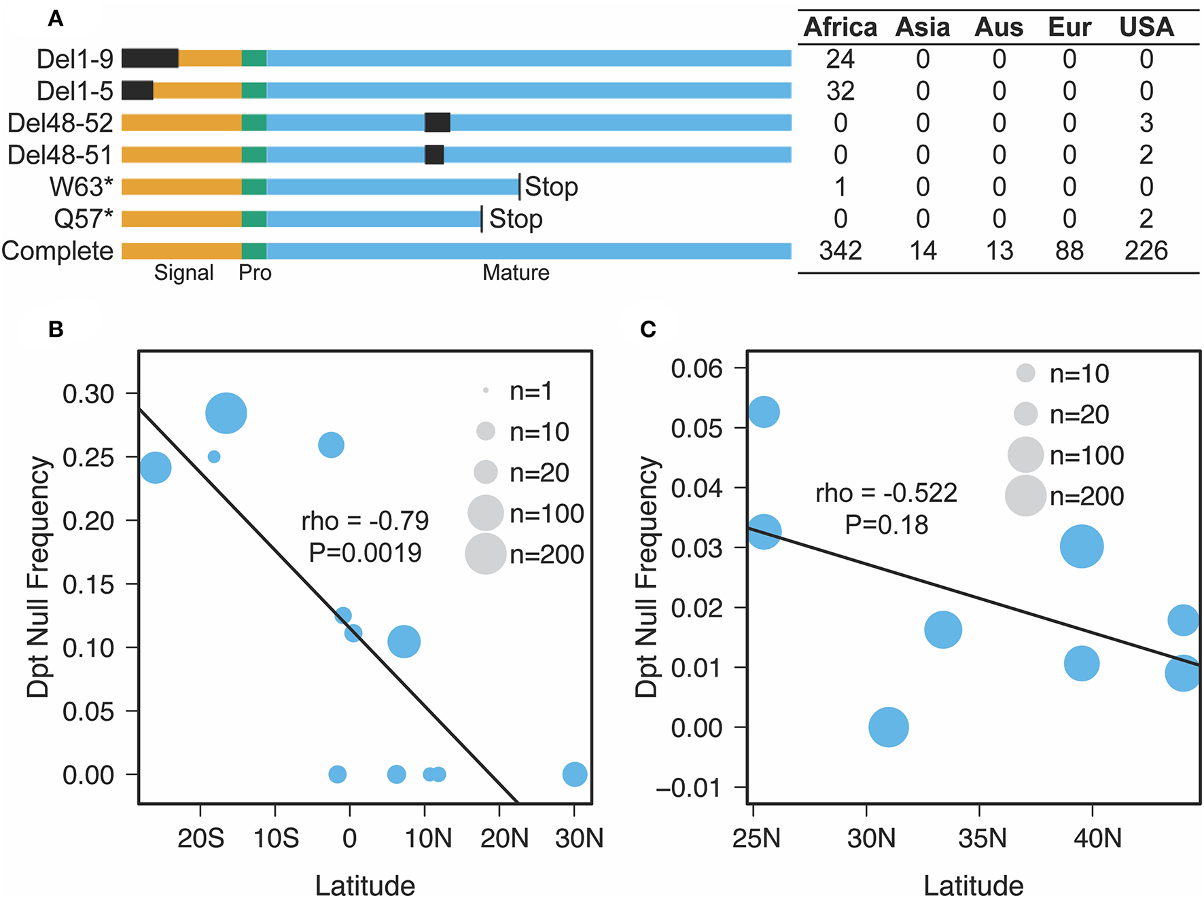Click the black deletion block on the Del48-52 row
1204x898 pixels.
coord(437,123)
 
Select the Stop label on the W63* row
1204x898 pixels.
coord(551,186)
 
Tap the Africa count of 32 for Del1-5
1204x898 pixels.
coord(840,91)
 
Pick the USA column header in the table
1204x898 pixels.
coord(1146,27)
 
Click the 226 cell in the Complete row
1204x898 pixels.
coord(1146,251)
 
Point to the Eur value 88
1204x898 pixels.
coord(1069,251)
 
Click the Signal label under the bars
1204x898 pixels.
coord(183,272)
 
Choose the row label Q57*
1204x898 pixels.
coord(83,219)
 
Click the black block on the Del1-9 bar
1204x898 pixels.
coord(150,58)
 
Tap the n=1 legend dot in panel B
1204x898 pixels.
coord(486,391)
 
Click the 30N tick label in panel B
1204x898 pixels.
coord(578,838)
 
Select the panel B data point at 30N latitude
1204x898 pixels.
coord(575,774)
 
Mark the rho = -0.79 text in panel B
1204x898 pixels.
coord(365,521)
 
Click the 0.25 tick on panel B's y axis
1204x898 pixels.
coord(88,457)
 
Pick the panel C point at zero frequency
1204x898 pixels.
coord(888,727)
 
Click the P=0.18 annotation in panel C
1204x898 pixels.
coord(886,524)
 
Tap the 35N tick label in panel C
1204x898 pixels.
coord(982,838)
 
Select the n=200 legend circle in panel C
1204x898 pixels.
coord(1025,495)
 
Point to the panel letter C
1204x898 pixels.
coord(648,329)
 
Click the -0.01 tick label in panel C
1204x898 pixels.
coord(688,788)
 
